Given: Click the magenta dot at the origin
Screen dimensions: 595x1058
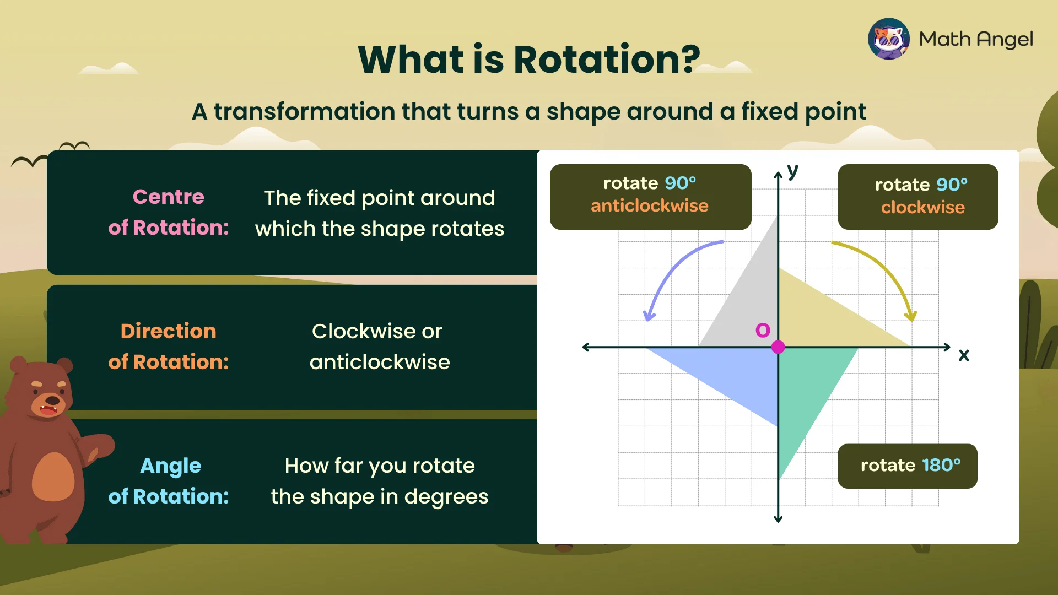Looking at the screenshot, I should (x=778, y=347).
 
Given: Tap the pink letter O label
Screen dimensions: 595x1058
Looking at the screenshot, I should (x=763, y=330).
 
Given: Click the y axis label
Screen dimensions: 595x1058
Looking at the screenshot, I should (x=792, y=171).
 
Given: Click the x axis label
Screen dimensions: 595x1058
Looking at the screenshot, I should (x=964, y=355).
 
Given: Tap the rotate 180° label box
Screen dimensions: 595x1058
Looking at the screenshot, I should (x=908, y=466).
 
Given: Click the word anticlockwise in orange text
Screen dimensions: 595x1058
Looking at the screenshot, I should (x=649, y=206).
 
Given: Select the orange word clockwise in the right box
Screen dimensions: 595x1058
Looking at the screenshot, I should (x=922, y=208).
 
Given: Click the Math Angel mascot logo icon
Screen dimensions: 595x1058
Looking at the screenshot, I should (x=889, y=39).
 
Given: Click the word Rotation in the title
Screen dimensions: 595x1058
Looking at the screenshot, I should (x=606, y=59).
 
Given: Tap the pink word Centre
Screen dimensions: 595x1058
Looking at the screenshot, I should (x=168, y=197).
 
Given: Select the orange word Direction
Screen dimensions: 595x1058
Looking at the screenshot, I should (x=168, y=331).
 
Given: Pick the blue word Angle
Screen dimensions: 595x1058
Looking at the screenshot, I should (x=170, y=466).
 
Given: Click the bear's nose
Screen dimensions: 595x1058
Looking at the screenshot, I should (x=52, y=399).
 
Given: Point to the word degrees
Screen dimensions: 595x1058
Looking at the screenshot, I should (x=446, y=497).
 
